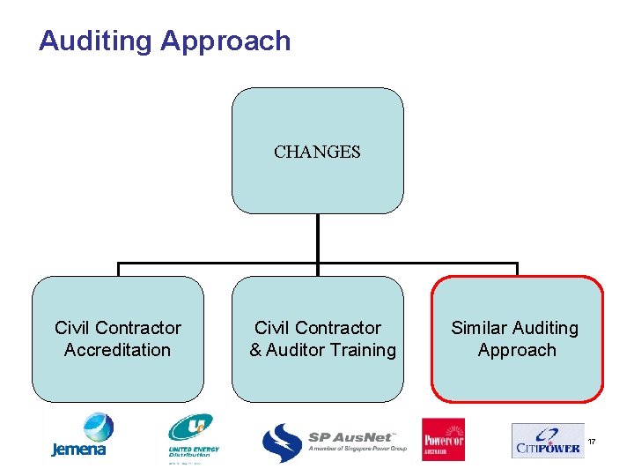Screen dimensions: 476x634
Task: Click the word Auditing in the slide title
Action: pyautogui.click(x=95, y=41)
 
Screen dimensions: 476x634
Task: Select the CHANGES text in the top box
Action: pyautogui.click(x=317, y=152)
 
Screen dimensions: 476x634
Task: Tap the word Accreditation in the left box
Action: pyautogui.click(x=117, y=350)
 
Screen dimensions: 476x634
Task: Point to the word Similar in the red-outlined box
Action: pyautogui.click(x=481, y=328)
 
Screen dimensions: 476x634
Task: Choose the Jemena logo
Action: pyautogui.click(x=80, y=436)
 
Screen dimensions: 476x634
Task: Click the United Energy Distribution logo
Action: pyautogui.click(x=193, y=439)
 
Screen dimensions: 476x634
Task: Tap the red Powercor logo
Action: pyautogui.click(x=443, y=439)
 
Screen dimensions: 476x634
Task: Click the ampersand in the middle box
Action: pyautogui.click(x=255, y=350)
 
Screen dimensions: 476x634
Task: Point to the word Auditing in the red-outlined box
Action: pyautogui.click(x=547, y=328)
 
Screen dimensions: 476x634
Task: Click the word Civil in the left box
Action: pyautogui.click(x=72, y=328)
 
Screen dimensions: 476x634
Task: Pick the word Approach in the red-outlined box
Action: pyautogui.click(x=517, y=350)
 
